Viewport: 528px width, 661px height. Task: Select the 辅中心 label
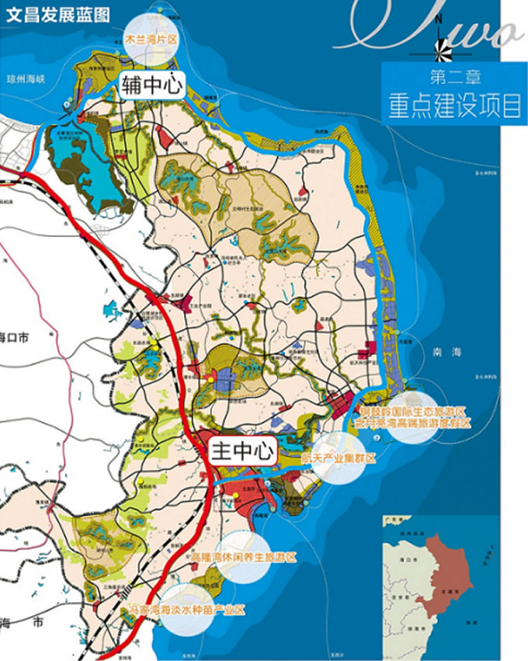(x=151, y=85)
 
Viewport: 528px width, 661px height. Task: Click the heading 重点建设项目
(x=455, y=106)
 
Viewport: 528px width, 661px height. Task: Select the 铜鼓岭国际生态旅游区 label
(x=412, y=411)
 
